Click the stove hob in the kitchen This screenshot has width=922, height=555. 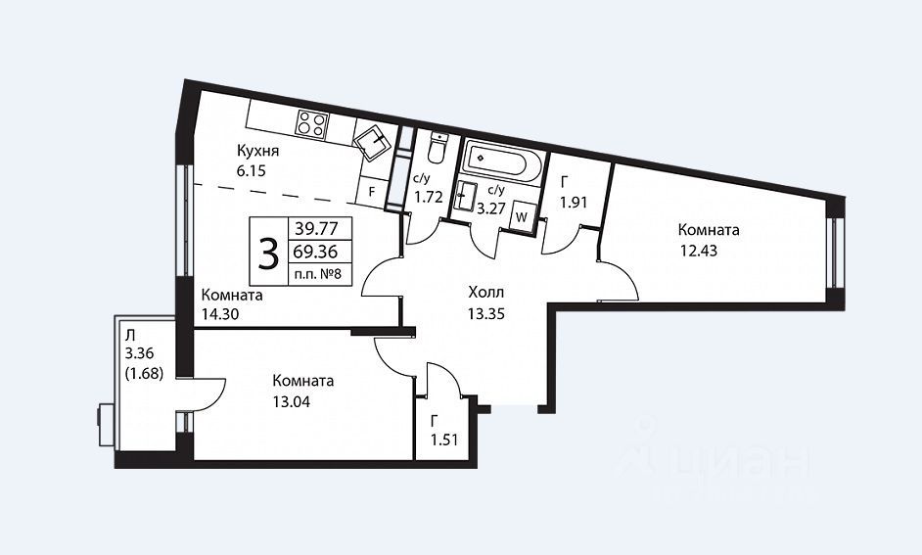tap(311, 124)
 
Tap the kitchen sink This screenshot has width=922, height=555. tap(373, 142)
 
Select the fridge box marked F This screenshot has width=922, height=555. tap(372, 192)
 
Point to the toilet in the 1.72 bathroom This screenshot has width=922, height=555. tap(438, 148)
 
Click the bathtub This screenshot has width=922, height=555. tap(503, 160)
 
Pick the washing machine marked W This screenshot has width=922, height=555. tap(521, 216)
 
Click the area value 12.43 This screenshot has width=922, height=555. tap(699, 251)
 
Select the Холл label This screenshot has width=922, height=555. tap(486, 293)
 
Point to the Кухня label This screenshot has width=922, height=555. tap(258, 151)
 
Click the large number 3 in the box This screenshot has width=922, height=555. tap(269, 255)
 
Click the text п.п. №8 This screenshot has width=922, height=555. tap(319, 274)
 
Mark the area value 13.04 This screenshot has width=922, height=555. tap(292, 402)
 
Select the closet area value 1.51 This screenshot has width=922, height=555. tap(444, 439)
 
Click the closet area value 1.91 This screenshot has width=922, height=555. tap(574, 203)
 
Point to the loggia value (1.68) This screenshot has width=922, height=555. tap(144, 373)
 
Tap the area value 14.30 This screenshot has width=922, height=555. tap(220, 314)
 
